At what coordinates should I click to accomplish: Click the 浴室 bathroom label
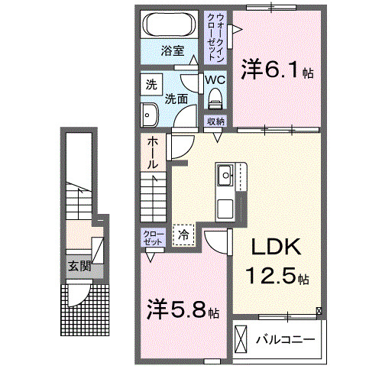[x=172, y=51]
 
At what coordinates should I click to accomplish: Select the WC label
[x=215, y=79]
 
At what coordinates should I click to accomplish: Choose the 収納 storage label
[x=215, y=121]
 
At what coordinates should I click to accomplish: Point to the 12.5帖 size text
[x=277, y=275]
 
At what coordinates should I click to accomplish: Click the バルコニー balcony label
[x=286, y=338]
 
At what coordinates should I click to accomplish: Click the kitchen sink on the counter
[x=228, y=176]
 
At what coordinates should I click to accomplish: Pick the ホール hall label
[x=153, y=152]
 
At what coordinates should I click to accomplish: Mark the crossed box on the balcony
[x=241, y=338]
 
